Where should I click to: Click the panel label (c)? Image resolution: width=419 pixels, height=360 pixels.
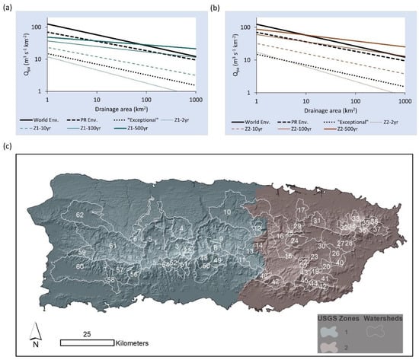click(7, 148)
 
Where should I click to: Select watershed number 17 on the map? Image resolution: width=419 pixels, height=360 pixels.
click(302, 209)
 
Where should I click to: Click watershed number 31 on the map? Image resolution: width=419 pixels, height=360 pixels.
click(316, 221)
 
